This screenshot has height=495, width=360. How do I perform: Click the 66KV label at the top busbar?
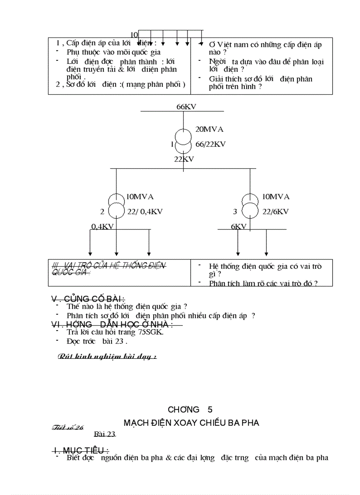point(187,107)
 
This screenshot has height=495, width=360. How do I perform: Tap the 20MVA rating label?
point(209,129)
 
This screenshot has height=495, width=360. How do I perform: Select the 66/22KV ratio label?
point(210,144)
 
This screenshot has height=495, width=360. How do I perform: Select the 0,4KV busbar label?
point(102,226)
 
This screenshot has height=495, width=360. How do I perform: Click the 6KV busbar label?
point(239,226)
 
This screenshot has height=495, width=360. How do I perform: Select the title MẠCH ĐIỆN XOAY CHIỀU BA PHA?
point(191,423)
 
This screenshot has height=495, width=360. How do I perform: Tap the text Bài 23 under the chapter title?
point(105,434)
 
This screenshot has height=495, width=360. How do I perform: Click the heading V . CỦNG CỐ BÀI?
point(88,299)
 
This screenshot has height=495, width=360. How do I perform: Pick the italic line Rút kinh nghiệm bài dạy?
point(107,357)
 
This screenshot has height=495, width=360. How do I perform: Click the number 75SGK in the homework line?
point(151,332)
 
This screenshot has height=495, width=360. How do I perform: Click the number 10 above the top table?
point(134,35)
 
